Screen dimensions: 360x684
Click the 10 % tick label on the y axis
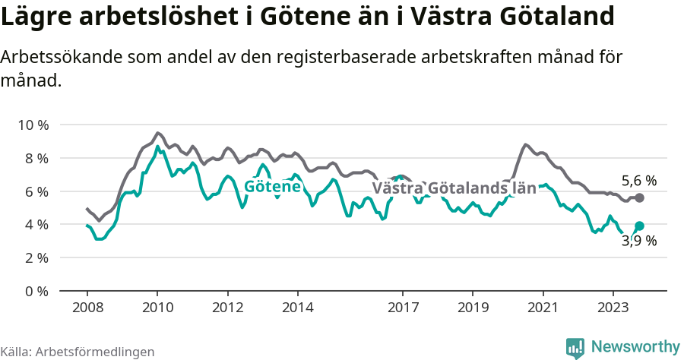33,125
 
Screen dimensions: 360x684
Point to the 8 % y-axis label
36,158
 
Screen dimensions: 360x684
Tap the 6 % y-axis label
36,191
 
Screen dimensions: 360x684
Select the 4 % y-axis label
36,225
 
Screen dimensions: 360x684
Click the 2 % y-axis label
36,258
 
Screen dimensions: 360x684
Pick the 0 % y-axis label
36,292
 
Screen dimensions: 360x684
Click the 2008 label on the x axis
87,308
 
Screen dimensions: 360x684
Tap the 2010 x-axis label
157,308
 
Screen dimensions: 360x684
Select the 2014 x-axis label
297,308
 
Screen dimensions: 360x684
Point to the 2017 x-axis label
403,308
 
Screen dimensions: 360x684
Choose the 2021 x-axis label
543,308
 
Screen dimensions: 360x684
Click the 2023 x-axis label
613,308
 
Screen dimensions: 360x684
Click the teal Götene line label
272,186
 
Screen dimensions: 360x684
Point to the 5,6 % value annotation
638,181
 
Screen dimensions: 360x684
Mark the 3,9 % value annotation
638,241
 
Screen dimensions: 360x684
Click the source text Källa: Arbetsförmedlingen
78,352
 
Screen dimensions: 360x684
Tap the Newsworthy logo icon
575,347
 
